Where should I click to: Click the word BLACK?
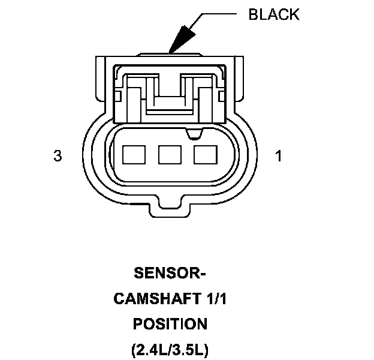click(274, 14)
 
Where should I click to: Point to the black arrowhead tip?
click(171, 52)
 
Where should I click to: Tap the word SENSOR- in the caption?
click(170, 274)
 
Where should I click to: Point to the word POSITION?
click(170, 324)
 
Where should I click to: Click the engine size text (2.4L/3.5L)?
click(170, 349)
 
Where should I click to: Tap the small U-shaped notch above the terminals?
click(192, 130)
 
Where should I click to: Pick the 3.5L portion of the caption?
click(189, 349)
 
